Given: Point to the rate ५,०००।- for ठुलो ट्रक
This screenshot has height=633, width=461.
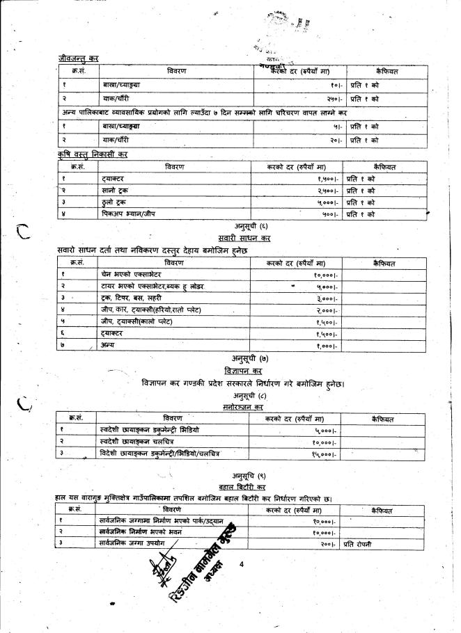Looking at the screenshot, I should [321, 202].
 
